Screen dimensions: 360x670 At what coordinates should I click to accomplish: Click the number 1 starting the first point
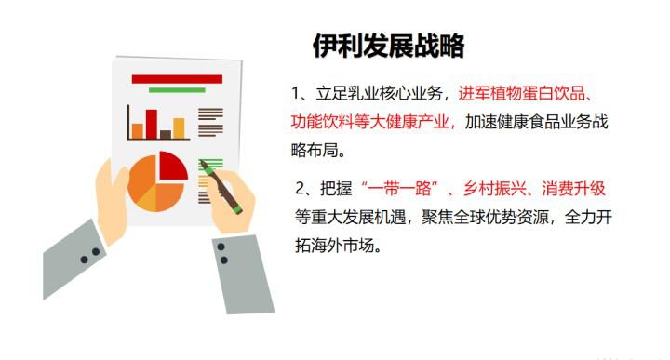pyautogui.click(x=296, y=95)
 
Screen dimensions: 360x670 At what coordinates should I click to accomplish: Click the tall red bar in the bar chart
pyautogui.click(x=151, y=124)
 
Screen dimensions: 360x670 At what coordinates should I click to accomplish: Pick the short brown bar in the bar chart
pyautogui.click(x=166, y=135)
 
